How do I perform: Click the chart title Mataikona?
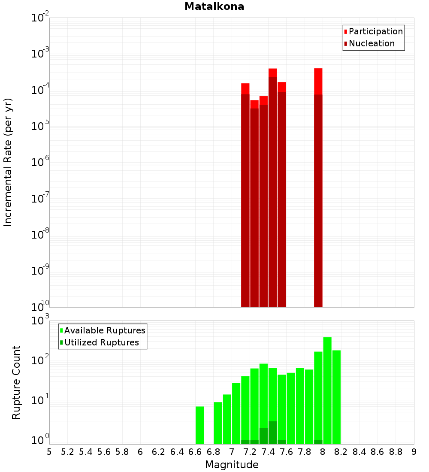point(214,7)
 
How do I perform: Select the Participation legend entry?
point(375,31)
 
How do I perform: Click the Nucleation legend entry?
point(371,43)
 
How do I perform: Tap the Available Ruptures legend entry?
point(104,330)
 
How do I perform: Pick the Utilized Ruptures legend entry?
point(101,342)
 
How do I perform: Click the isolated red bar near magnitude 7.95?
point(318,189)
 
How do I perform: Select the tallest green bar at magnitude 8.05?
point(327,390)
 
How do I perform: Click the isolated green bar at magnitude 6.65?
point(199,425)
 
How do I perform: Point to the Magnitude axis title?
point(232,465)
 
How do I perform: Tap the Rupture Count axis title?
point(16,382)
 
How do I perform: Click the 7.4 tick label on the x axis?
point(268,452)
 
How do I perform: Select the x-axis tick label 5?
point(49,452)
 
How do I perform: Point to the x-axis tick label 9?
point(414,452)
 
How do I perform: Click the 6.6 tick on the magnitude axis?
point(195,452)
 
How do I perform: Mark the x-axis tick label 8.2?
point(341,452)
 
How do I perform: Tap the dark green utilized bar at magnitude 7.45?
point(272,433)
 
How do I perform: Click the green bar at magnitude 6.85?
point(218,423)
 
